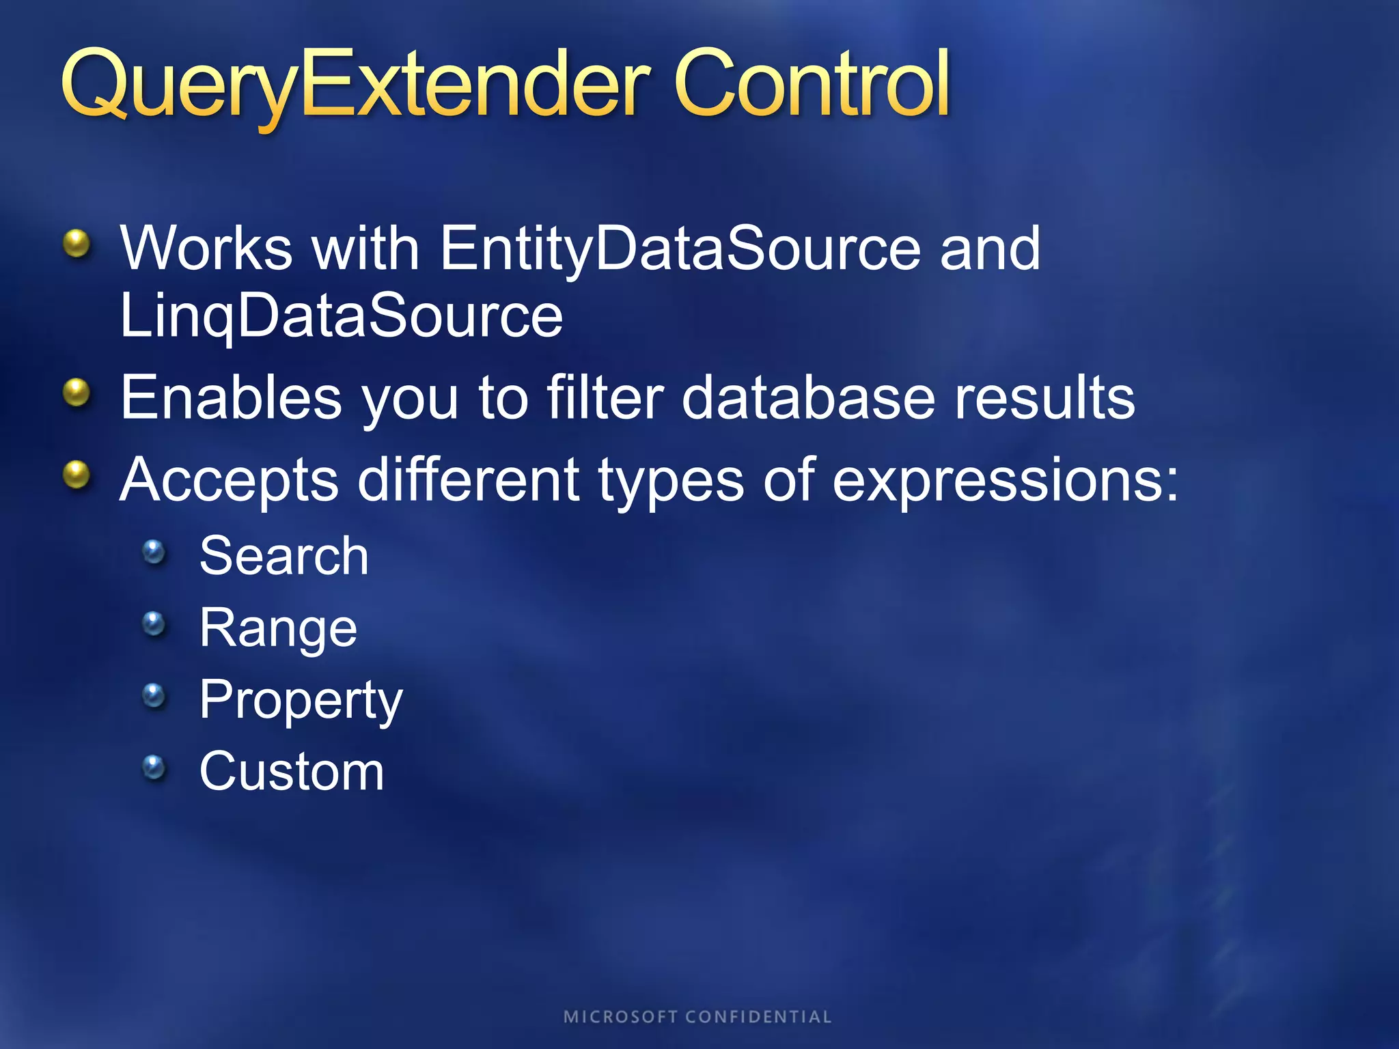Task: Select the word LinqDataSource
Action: pos(341,317)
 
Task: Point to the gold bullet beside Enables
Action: pos(77,393)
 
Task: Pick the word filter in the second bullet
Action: pos(605,398)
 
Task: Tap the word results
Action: pos(1044,398)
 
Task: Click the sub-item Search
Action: pos(284,556)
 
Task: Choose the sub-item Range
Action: pos(278,628)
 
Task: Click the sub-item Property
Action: pos(301,701)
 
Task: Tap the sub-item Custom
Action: pos(292,772)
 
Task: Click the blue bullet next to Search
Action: pos(154,551)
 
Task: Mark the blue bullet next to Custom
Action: pos(154,767)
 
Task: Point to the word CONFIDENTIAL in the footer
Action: pos(758,1017)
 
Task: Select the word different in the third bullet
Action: pos(469,480)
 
